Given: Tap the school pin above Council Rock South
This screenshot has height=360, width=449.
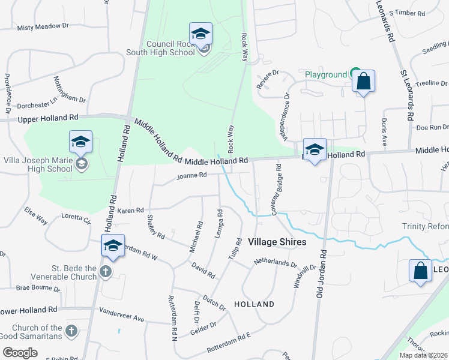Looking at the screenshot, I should point(200,34).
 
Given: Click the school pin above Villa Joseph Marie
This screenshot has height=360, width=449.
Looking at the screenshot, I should point(80,142).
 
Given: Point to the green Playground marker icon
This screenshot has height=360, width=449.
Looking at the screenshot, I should point(355,73).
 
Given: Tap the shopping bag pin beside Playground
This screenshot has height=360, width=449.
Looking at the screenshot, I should point(363,82).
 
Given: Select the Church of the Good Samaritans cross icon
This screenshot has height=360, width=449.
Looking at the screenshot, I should point(71,331).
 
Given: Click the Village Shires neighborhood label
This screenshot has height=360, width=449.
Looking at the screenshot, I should point(277,242).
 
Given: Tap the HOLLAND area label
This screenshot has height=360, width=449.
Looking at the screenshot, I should point(255,304).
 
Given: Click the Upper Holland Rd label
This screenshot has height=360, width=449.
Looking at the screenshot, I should point(48,119).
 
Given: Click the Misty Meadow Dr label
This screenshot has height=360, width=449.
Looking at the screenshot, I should point(43,27).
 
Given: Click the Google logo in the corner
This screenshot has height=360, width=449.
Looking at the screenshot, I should point(20,353).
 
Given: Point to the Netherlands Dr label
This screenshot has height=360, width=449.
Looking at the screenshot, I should point(276,262).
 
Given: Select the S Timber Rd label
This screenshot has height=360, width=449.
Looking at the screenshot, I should point(407,13).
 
